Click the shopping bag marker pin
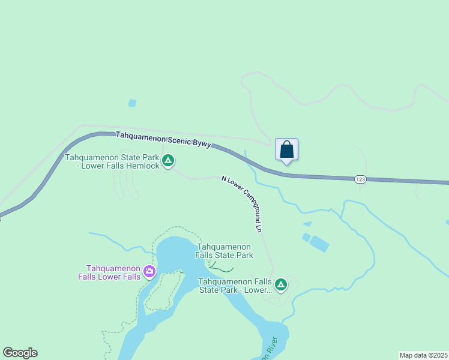pyautogui.click(x=287, y=150)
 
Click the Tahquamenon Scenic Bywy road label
pyautogui.click(x=163, y=140)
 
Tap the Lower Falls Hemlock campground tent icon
pyautogui.click(x=169, y=160)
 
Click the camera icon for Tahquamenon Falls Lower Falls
pyautogui.click(x=149, y=272)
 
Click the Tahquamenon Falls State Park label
pyautogui.click(x=224, y=251)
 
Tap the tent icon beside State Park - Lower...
pyautogui.click(x=281, y=284)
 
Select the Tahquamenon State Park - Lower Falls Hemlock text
pyautogui.click(x=112, y=161)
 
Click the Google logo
pyautogui.click(x=20, y=353)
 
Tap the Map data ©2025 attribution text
pyautogui.click(x=423, y=355)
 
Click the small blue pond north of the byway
pyautogui.click(x=132, y=103)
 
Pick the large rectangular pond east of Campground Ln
pyautogui.click(x=319, y=244)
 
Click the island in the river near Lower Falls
pyautogui.click(x=163, y=290)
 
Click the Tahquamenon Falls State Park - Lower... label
pyautogui.click(x=236, y=286)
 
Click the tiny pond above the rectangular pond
pyautogui.click(x=308, y=224)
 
